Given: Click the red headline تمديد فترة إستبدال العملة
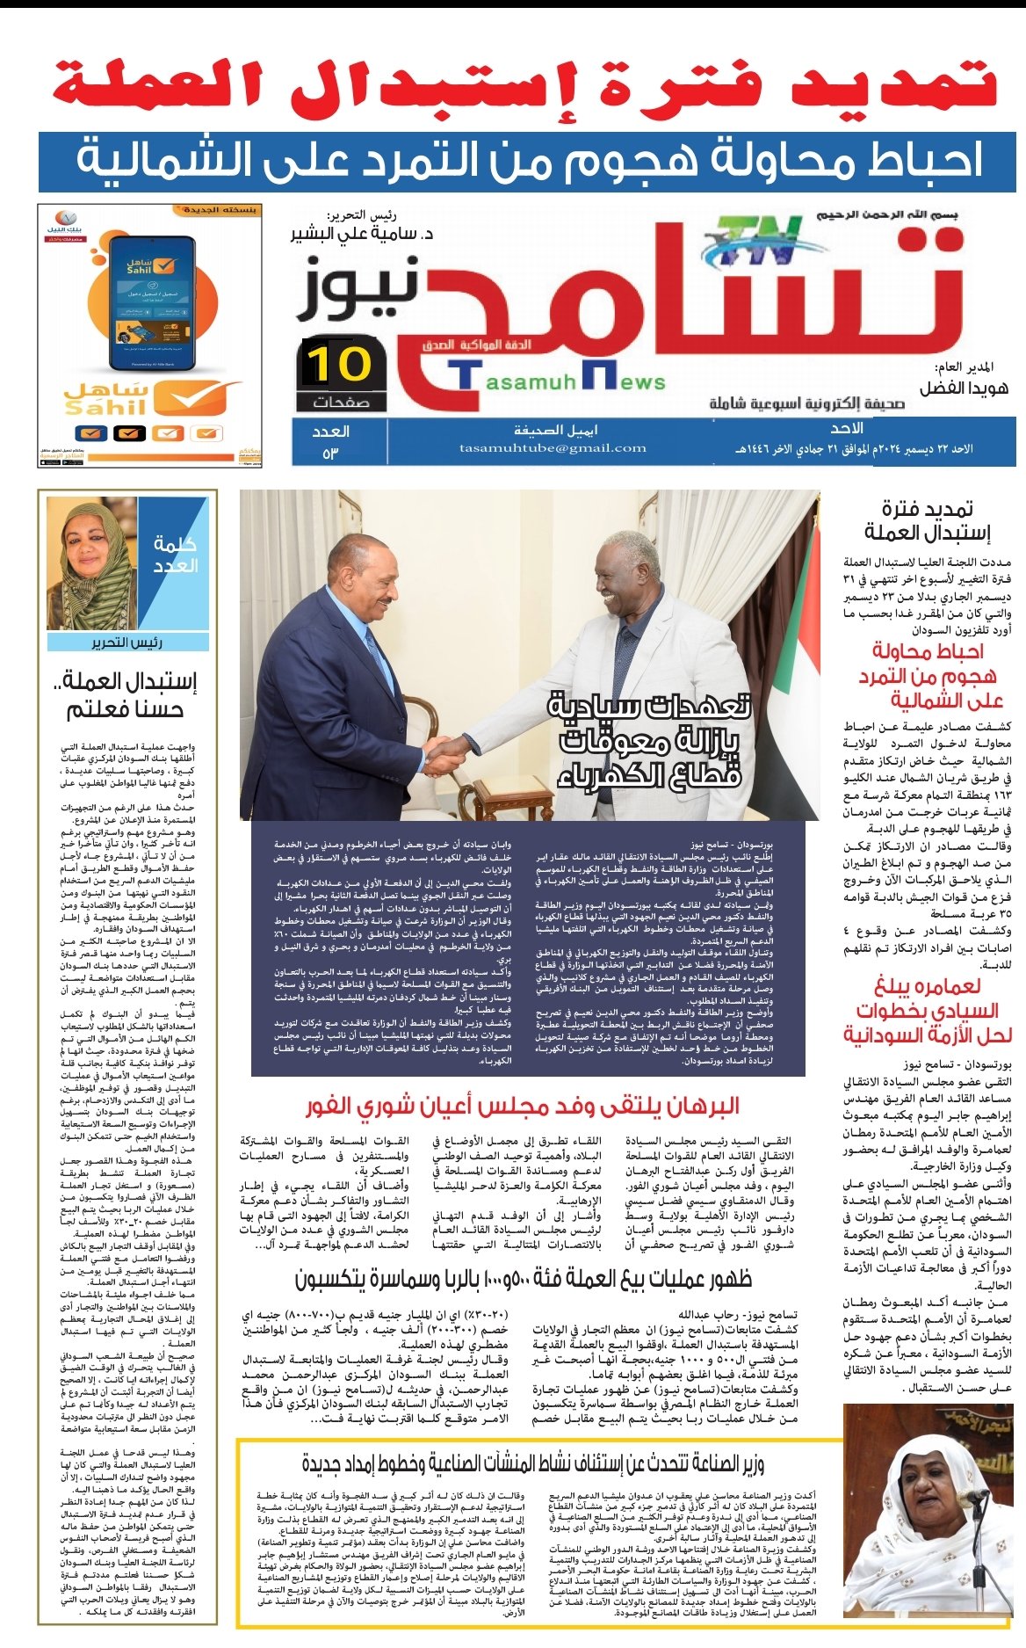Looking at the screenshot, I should pyautogui.click(x=524, y=85).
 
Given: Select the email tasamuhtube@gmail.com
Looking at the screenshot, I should pyautogui.click(x=553, y=448).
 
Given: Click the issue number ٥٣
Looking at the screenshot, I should pyautogui.click(x=330, y=454).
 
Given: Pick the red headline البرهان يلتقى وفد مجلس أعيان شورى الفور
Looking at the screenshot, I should pyautogui.click(x=523, y=1105).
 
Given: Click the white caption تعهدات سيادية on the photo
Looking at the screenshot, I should pyautogui.click(x=650, y=706).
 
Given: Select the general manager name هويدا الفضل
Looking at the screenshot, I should pyautogui.click(x=964, y=388).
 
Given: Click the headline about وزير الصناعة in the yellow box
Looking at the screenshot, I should pyautogui.click(x=533, y=1463).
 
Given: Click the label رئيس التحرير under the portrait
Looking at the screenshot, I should pyautogui.click(x=127, y=643).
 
